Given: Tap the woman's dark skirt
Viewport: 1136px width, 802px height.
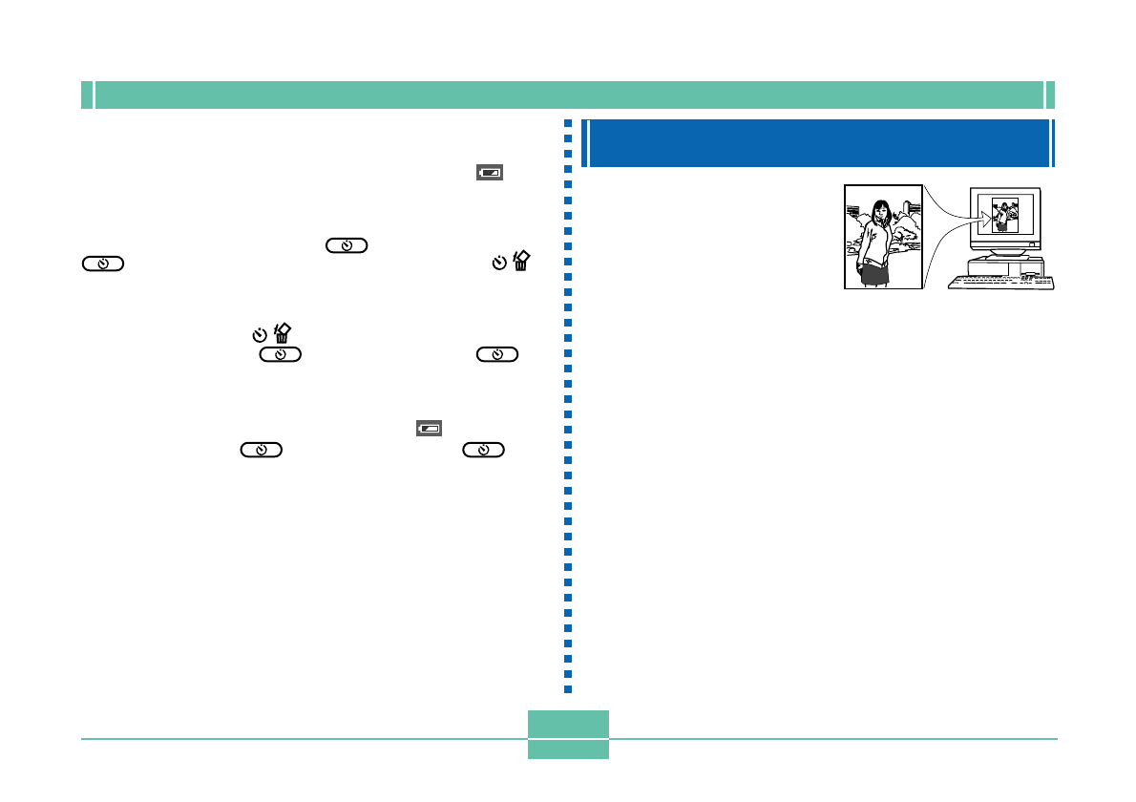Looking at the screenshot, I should click(876, 274).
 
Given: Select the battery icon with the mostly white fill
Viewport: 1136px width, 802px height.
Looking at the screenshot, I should click(429, 429).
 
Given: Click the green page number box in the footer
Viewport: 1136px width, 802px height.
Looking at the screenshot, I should click(568, 734).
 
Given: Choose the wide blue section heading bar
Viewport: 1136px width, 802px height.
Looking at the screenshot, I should click(819, 143).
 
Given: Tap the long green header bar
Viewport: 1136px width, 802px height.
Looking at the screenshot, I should click(568, 95).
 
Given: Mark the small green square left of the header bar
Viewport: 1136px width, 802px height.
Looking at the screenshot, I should click(86, 95).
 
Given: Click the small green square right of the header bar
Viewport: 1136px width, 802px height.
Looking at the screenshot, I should click(1050, 95).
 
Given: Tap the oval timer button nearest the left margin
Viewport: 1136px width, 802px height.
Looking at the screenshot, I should click(102, 264).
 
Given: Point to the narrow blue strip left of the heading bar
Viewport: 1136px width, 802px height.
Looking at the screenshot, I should click(585, 143).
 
